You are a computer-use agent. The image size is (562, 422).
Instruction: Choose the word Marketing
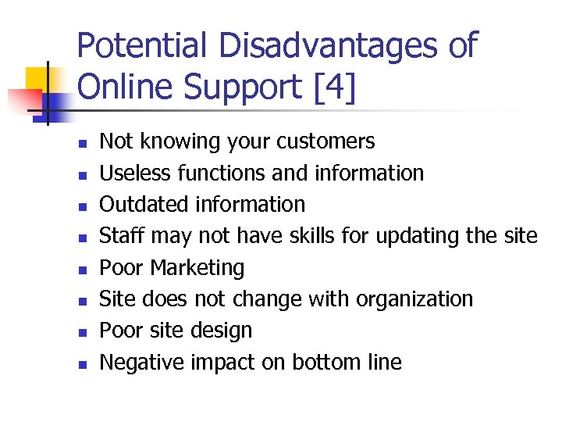pos(197,268)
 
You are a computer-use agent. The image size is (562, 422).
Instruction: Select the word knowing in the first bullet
pos(176,141)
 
